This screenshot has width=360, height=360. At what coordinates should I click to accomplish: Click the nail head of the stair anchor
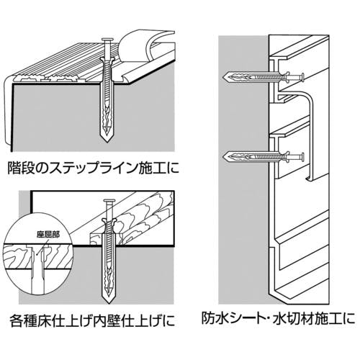point(109,39)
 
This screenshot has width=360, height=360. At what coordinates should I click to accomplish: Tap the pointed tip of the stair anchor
point(107,142)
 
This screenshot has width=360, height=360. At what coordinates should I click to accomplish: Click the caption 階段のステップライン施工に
point(93,168)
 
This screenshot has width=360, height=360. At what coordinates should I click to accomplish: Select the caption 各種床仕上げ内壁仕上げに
point(92,320)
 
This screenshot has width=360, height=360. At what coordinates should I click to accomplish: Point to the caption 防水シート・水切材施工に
point(278,318)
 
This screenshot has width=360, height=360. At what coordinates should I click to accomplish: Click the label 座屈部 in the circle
point(48,235)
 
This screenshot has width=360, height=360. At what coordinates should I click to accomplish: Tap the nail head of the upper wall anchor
point(302,77)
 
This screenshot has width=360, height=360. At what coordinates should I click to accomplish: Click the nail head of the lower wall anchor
point(302,157)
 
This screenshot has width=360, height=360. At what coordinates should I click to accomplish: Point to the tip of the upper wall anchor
point(224,77)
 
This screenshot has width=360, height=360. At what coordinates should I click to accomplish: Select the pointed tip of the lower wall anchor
point(224,157)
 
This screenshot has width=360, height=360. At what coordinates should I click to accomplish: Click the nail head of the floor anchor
point(109,200)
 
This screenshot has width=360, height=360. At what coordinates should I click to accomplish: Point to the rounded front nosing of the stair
point(9,113)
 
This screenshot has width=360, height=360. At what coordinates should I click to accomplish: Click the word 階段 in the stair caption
point(17,168)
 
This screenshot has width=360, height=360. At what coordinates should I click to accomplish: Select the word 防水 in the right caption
point(211,318)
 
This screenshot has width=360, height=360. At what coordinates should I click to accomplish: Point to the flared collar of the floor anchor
point(109,221)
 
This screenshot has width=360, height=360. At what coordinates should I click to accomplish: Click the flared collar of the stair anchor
point(109,59)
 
